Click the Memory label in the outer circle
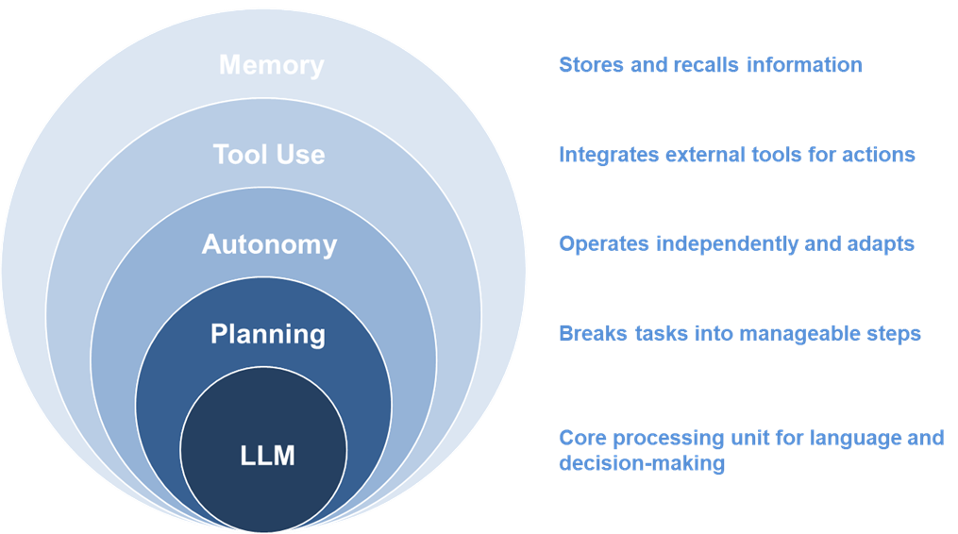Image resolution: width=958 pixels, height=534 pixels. click(271, 65)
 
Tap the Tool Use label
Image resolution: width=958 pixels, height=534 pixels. click(269, 155)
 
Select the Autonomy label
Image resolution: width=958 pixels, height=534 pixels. click(269, 245)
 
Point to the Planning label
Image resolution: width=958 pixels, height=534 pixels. click(268, 335)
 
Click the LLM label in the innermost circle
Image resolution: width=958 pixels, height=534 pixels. click(268, 456)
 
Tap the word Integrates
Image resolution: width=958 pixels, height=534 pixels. click(609, 155)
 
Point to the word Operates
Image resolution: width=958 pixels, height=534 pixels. click(604, 244)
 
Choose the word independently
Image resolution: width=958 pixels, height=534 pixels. click(727, 244)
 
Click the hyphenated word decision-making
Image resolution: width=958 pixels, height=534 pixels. click(642, 463)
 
